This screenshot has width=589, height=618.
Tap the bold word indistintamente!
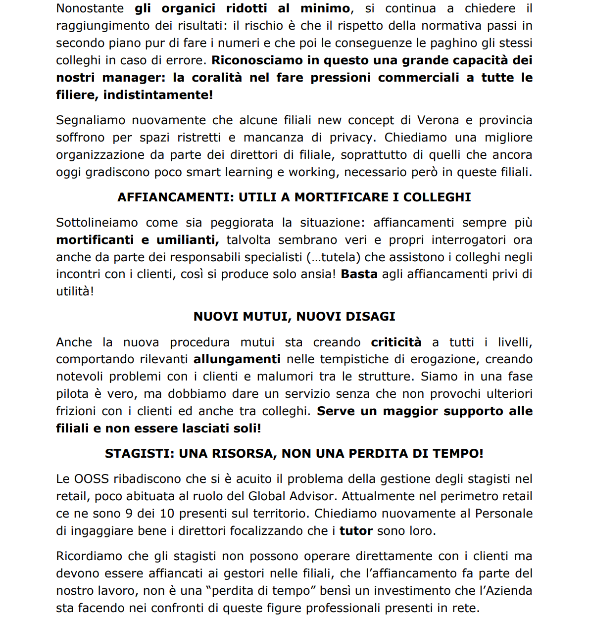point(158,95)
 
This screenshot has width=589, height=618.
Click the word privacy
point(351,138)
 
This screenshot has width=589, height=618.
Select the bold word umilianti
point(188,240)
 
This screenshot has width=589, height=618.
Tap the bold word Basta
point(359,274)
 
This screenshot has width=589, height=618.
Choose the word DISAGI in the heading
point(371,317)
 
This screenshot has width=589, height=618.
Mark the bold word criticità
point(396,342)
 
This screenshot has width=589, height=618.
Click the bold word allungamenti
point(237,359)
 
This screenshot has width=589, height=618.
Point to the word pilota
point(73,394)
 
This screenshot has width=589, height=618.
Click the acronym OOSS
point(92,479)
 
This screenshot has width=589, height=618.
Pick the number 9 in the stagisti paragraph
point(129,514)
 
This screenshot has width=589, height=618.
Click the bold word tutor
point(356,531)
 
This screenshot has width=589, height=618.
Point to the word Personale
point(503,514)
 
